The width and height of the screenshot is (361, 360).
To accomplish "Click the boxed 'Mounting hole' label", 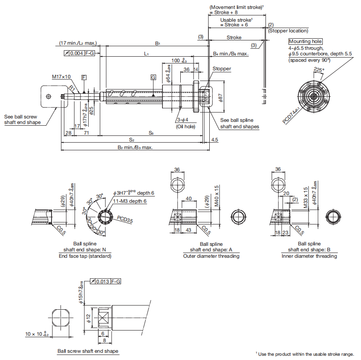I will (x=306, y=41).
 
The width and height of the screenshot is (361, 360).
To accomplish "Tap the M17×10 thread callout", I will (x=61, y=77).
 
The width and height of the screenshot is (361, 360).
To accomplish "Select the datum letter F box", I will (x=84, y=77).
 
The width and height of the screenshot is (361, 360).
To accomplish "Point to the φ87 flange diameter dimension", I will (x=220, y=98).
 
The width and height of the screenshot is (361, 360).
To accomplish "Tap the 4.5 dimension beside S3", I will (x=214, y=139).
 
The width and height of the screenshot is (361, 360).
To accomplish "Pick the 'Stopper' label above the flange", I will (x=222, y=69).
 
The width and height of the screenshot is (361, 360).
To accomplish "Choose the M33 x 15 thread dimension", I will (x=306, y=197).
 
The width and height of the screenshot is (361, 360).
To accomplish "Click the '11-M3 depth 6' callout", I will (x=130, y=201).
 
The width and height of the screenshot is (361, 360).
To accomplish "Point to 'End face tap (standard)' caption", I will (x=85, y=256).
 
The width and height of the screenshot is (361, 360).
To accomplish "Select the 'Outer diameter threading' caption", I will (x=211, y=256).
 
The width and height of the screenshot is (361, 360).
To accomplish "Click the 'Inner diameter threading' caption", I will (x=309, y=256).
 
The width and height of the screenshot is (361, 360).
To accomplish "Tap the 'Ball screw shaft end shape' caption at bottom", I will (x=88, y=351).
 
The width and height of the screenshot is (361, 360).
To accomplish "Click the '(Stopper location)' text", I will (x=288, y=30).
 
